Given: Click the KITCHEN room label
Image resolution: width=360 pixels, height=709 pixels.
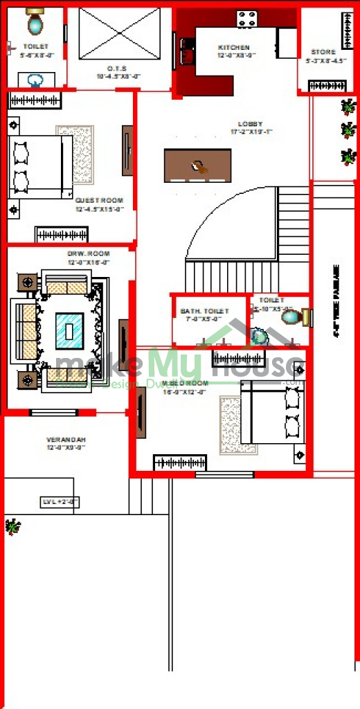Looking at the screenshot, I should [233, 48].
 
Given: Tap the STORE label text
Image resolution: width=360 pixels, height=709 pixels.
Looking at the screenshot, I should [323, 52].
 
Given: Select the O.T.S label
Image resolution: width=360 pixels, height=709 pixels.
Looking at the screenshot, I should [116, 69].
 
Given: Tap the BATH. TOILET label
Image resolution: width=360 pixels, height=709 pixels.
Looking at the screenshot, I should [204, 312].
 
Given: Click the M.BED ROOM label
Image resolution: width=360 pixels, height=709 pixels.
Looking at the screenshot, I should [184, 383].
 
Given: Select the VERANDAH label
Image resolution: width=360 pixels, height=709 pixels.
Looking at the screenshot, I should [65, 440].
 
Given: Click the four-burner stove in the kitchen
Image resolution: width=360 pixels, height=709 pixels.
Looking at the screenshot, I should [247, 18].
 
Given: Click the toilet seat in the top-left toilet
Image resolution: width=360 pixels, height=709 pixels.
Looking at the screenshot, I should [35, 24].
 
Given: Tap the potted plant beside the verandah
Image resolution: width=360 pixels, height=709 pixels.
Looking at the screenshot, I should [11, 527].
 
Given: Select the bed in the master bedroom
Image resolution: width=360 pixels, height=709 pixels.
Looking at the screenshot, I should [273, 415].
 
